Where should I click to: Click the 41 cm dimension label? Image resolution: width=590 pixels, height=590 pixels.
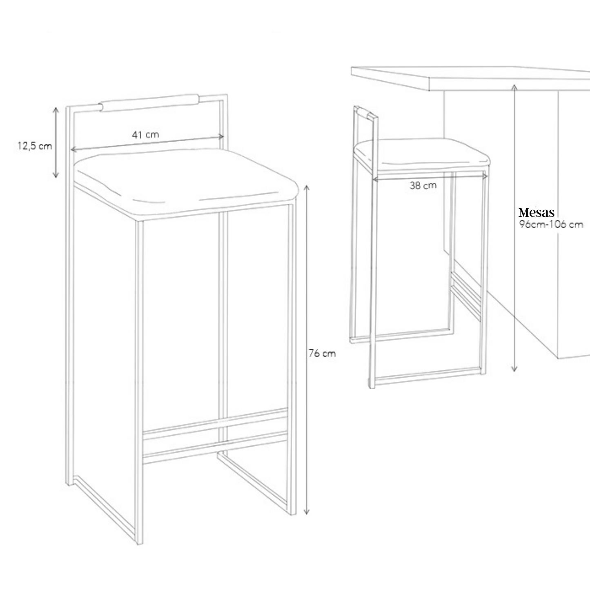coord(145,134)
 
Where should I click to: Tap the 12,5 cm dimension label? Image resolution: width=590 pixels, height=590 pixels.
coord(35,146)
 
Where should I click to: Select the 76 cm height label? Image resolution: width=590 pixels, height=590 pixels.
coord(322,353)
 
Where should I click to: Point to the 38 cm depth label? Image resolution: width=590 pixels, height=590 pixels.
coord(423,185)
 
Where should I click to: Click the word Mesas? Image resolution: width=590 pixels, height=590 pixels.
coord(537,212)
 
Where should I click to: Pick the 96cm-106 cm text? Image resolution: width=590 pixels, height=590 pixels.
coord(551,225)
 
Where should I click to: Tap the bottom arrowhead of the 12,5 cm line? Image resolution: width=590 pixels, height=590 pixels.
coord(56,175)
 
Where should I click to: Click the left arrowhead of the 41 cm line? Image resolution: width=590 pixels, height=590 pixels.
coord(73,149)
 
